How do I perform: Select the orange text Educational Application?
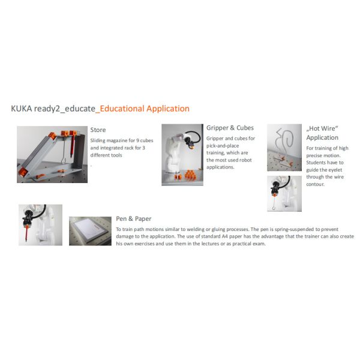[145, 109]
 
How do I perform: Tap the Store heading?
[98, 129]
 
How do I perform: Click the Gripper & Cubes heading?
[230, 128]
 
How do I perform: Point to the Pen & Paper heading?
[133, 219]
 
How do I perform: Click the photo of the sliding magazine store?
[52, 154]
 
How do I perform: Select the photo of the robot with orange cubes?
[182, 155]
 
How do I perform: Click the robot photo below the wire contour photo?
[284, 193]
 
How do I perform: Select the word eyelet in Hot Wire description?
[329, 170]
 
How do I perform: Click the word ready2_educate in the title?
[67, 109]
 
